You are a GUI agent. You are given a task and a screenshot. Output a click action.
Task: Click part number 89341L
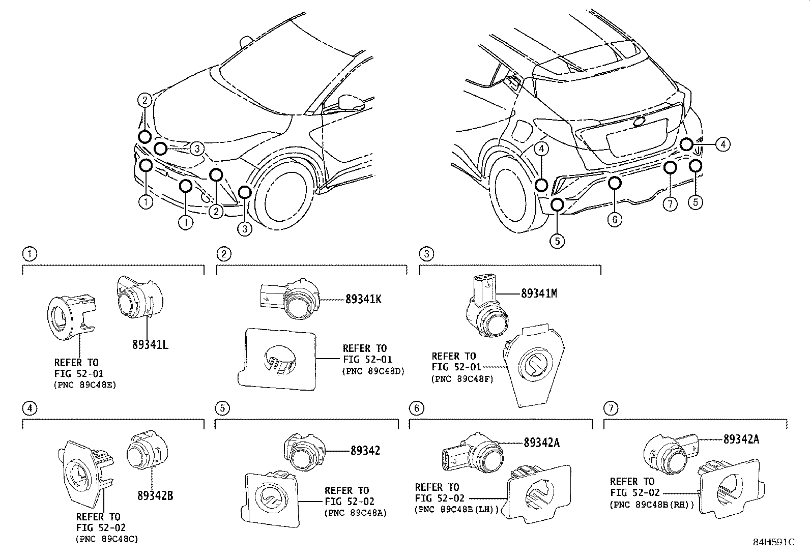tap(150, 344)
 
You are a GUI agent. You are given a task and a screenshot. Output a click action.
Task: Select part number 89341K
tap(363, 299)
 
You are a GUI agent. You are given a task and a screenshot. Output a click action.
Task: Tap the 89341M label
tap(539, 293)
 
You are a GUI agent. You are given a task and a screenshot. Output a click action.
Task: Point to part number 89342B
tap(155, 495)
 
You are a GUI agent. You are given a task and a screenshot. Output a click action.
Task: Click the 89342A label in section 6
tap(542, 443)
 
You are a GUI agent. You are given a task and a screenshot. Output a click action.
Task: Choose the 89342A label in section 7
tap(741, 439)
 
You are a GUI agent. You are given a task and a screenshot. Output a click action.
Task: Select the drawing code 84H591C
tap(773, 542)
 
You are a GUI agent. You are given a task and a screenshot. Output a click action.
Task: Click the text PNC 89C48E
tap(85, 385)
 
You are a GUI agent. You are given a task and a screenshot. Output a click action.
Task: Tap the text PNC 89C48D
tap(373, 371)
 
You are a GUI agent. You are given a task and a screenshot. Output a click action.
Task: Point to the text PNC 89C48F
tap(462, 378)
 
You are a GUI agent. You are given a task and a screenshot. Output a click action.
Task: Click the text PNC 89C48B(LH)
tap(456, 509)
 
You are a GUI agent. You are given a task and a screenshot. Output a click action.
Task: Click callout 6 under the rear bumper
tap(615, 219)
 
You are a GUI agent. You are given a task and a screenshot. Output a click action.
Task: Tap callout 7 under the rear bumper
tap(670, 204)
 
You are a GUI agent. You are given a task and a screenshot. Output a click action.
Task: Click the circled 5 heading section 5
tap(222, 407)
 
